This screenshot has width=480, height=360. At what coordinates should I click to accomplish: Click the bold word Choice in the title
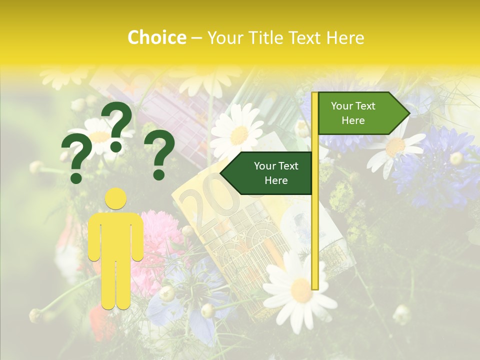point(157,37)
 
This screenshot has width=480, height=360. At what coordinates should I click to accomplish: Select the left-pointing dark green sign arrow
point(267,173)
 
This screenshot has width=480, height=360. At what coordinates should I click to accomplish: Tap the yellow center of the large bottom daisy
point(301,290)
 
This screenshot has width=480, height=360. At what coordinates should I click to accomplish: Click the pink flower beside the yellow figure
point(157,235)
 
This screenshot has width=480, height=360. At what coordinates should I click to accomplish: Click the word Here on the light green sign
point(353,120)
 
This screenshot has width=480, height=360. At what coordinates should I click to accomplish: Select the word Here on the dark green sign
point(276,180)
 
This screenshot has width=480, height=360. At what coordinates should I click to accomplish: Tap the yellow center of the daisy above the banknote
point(239,135)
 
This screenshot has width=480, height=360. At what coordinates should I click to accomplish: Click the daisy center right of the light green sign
point(395,146)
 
